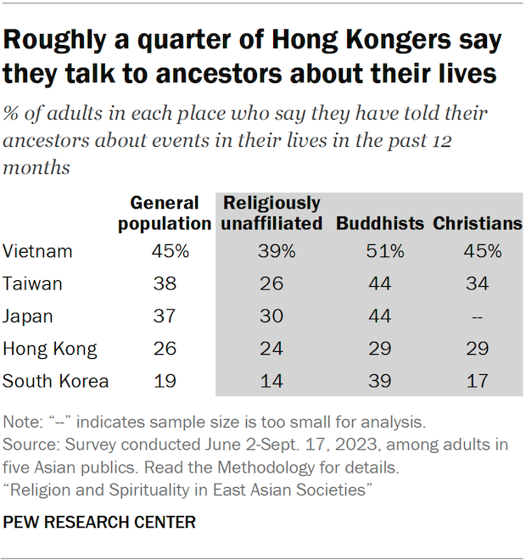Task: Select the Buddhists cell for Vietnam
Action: (379, 251)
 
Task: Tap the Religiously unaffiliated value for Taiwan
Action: (272, 283)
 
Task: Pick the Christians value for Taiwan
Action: (477, 283)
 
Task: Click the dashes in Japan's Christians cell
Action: (477, 316)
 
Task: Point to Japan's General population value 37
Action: (165, 316)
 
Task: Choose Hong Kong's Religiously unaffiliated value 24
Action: (272, 349)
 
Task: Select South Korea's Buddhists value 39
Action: (379, 381)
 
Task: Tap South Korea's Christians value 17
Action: (477, 381)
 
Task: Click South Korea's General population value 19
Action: (165, 381)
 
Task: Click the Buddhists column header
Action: (380, 224)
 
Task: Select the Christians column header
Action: (477, 224)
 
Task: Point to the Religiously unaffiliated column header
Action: (272, 214)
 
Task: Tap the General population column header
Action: (165, 214)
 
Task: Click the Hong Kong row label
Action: (49, 349)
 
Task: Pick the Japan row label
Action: (28, 316)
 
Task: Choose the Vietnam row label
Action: (37, 251)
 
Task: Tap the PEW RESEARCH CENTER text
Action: (99, 522)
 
